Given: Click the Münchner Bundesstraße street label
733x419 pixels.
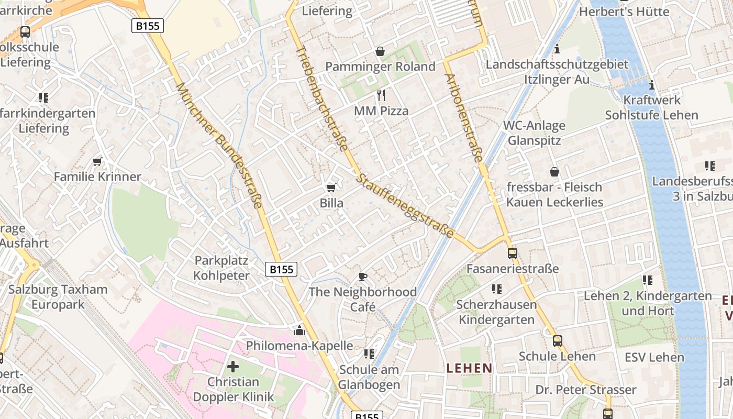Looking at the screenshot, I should coord(219,145).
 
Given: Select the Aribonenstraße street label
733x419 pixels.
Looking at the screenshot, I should coord(464,117).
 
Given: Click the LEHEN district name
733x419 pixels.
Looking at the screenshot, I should coord(469,368).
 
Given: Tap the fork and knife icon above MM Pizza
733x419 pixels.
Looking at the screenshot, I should coord(381,95).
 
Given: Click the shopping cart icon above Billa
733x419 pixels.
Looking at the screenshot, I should coord(331,188).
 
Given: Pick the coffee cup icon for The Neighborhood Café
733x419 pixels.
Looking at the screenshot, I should coord(363,277).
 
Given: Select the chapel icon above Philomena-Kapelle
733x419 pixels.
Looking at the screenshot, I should coord(299,330).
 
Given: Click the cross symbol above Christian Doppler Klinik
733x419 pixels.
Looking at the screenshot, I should coord(233,367).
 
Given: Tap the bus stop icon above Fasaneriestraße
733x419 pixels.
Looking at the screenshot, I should coord(512,253).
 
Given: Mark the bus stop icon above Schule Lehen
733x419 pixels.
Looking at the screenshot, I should coord(557,341).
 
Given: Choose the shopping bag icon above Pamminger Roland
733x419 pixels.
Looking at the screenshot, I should coord(380,51).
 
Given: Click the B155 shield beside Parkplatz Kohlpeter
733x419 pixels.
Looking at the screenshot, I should coord(281,269).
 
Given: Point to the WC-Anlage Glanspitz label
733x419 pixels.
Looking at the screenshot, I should coord(534,133).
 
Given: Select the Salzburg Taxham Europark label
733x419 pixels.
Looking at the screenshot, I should coord(58,297).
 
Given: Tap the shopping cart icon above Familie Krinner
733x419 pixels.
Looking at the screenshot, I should coord(97,161).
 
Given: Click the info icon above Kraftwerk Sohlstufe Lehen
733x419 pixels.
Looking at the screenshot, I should coord(652,85).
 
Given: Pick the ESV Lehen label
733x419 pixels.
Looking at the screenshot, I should coord(654,358).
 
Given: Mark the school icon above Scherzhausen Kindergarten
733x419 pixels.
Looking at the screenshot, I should coord(496,289).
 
